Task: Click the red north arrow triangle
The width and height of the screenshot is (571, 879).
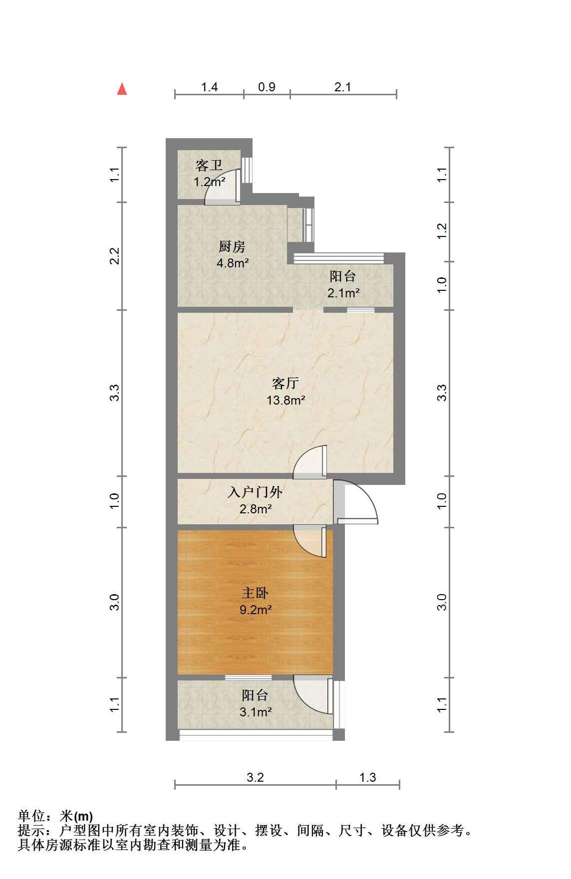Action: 122,89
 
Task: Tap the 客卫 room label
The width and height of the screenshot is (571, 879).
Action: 209,165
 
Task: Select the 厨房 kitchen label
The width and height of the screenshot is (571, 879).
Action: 232,247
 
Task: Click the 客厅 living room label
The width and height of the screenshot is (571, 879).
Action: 285,383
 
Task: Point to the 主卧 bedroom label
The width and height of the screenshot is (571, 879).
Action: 255,593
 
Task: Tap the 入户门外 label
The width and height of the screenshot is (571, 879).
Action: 255,492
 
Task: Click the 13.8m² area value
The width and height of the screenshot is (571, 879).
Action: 285,400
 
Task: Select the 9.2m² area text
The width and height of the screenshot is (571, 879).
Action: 256,610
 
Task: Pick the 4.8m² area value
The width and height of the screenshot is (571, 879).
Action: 233,263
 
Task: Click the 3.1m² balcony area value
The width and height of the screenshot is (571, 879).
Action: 256,712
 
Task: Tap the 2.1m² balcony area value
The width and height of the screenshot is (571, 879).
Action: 343,293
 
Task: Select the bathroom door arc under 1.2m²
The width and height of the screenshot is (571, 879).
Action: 220,190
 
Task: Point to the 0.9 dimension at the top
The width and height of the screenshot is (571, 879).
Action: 267,87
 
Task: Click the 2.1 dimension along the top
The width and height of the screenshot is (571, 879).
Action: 343,87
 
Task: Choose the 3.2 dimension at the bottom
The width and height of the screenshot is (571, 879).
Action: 255,777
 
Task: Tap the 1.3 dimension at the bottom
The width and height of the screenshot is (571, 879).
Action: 367,777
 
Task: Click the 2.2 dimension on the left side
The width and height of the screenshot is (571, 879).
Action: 115,256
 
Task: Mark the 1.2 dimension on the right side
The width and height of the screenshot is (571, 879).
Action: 442,231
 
